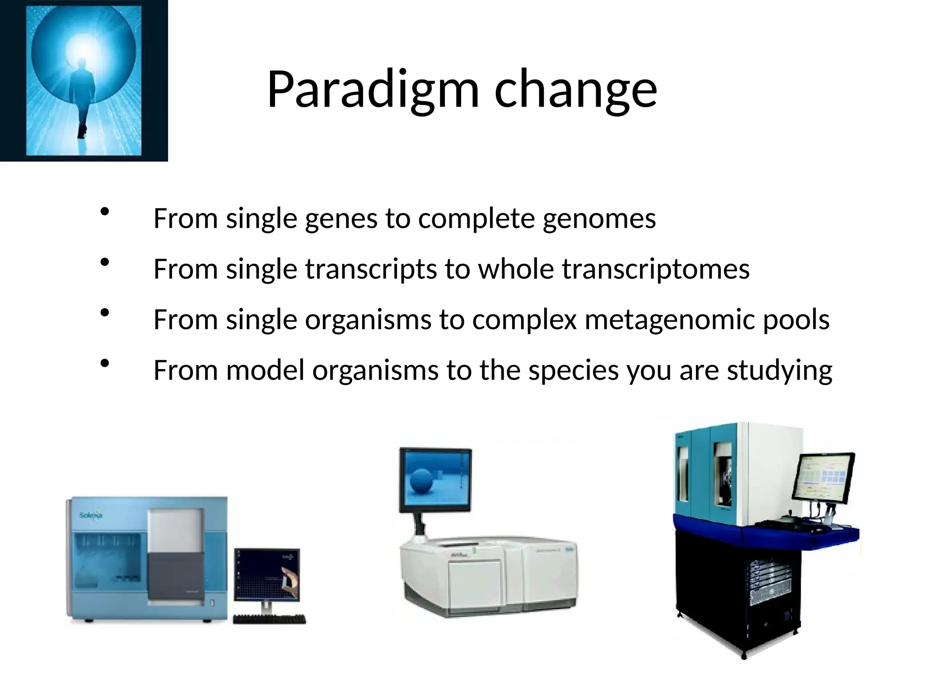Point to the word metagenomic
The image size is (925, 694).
pos(670,320)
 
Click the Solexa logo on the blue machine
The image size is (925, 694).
pos(91,516)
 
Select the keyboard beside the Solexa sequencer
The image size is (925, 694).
pos(269,619)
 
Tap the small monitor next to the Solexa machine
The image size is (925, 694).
pos(267,574)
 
